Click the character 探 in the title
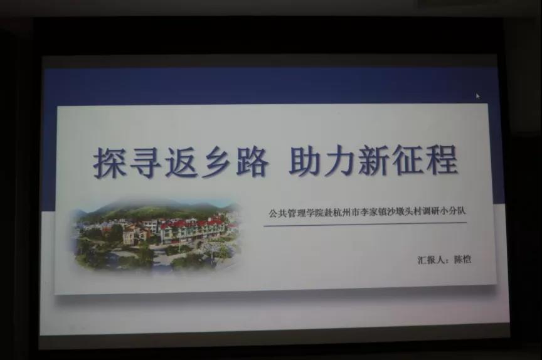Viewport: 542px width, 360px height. point(110,162)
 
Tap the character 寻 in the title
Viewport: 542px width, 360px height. point(145,162)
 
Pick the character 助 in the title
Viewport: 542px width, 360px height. point(306,161)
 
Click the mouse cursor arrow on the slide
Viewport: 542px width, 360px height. point(478,96)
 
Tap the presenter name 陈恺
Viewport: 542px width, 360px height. point(462,259)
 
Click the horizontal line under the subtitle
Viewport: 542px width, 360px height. point(365,225)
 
